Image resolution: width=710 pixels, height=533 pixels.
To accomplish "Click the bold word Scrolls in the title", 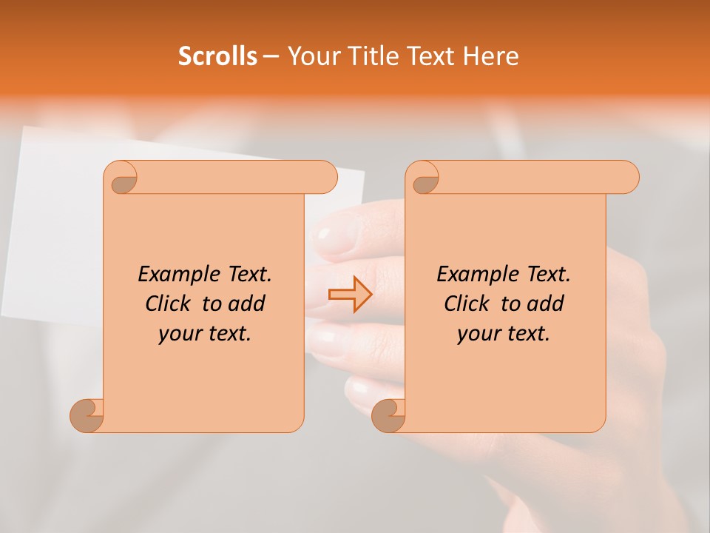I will pyautogui.click(x=217, y=56).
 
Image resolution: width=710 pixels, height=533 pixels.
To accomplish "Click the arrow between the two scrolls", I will pyautogui.click(x=350, y=295).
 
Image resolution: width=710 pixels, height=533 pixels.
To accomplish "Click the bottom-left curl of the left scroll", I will pyautogui.click(x=87, y=415).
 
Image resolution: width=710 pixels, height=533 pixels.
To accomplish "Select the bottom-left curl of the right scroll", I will pyautogui.click(x=388, y=415).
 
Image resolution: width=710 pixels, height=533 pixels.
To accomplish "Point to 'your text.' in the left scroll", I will pyautogui.click(x=205, y=334).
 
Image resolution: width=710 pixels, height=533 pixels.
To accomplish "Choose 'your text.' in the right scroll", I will pyautogui.click(x=504, y=334).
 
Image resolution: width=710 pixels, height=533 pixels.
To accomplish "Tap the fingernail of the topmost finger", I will pyautogui.click(x=332, y=238).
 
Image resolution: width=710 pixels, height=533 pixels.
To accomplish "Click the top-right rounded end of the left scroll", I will pyautogui.click(x=325, y=177).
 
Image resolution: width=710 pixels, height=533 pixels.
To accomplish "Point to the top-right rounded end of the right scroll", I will pyautogui.click(x=627, y=177).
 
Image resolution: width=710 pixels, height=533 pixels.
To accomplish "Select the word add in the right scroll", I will pyautogui.click(x=547, y=304).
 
